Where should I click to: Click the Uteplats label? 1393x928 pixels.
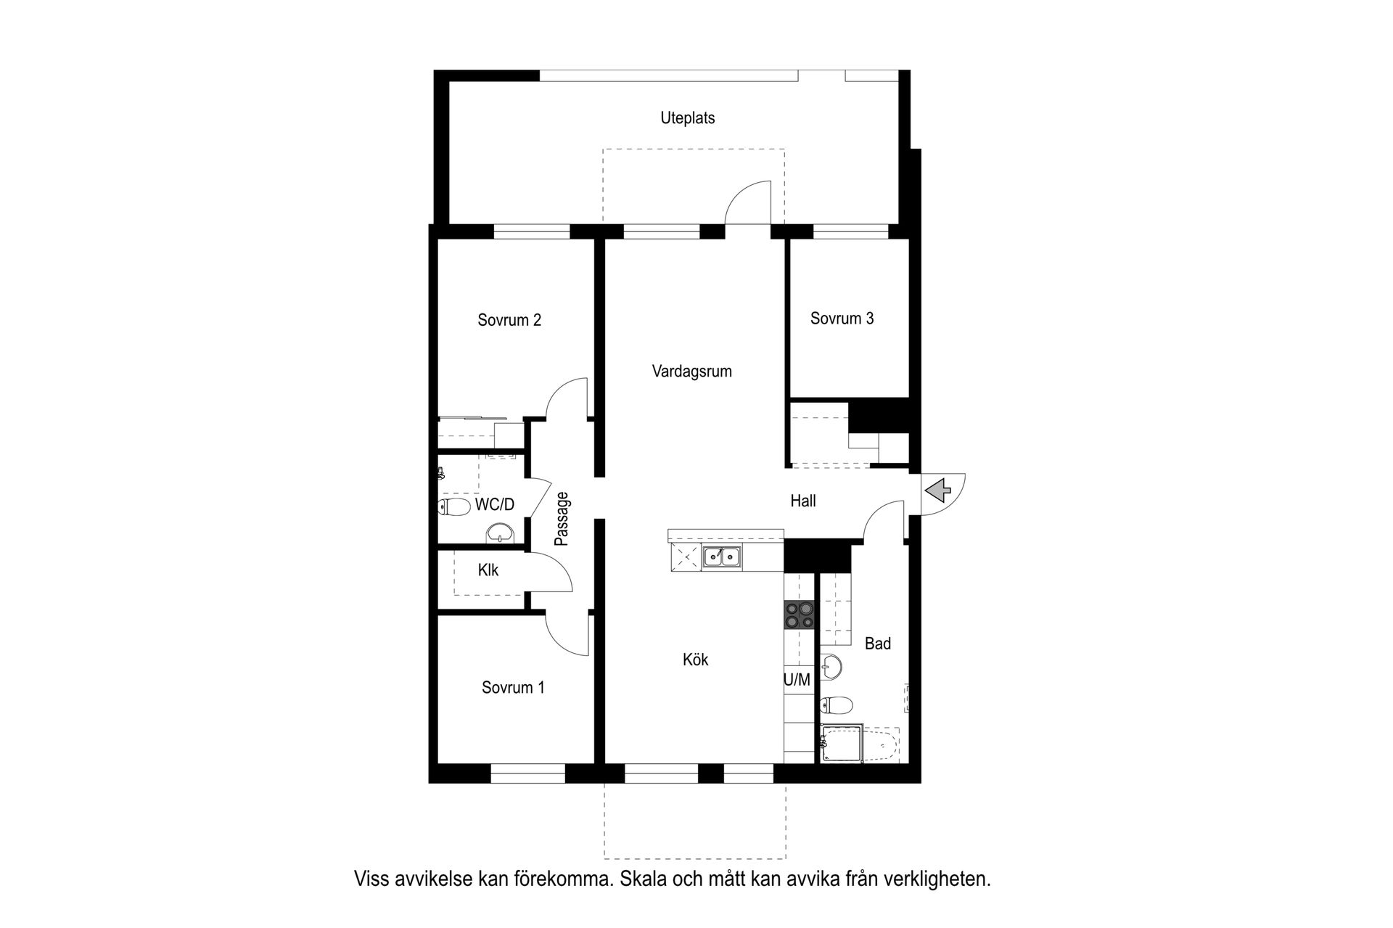pos(687,118)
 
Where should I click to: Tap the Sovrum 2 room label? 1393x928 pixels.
pos(509,320)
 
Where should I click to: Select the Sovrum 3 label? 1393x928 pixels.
pos(842,318)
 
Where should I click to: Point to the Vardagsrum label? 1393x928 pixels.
pos(691,371)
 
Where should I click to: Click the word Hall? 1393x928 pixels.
pos(803,501)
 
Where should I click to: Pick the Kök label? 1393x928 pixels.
pos(695,660)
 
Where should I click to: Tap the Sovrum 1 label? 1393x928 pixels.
pos(513,687)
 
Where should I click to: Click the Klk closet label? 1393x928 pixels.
pos(488,570)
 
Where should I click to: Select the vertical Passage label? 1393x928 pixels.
pos(562,519)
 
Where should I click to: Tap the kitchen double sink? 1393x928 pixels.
pos(721,557)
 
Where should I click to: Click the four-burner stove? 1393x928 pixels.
pos(799,614)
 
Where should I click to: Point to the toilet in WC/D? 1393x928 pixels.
pos(454,506)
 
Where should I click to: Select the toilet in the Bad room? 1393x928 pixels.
pos(836,705)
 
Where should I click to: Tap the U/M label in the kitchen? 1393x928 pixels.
pos(797,680)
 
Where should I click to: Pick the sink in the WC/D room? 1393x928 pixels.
pos(499,534)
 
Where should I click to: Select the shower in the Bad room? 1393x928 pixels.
pos(842,743)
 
